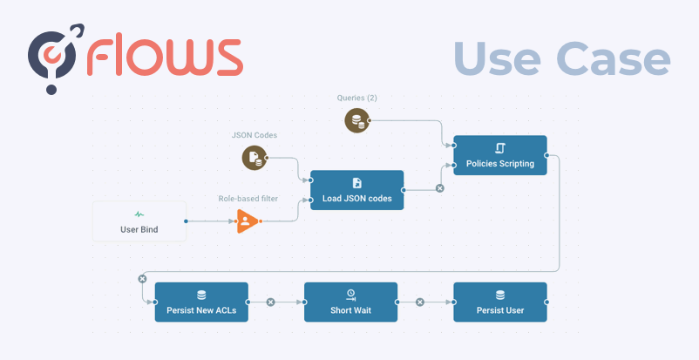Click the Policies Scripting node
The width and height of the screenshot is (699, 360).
tap(500, 155)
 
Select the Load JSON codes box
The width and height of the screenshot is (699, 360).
tap(356, 190)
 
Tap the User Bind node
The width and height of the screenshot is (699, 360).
tap(139, 221)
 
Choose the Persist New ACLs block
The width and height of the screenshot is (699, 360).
tap(201, 302)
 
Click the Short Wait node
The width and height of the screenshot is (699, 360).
tap(350, 302)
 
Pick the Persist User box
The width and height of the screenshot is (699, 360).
tap(500, 302)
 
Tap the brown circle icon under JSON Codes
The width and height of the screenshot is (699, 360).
tap(254, 157)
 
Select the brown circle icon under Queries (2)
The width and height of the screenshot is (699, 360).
tap(356, 120)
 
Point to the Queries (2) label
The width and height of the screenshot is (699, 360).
tap(357, 97)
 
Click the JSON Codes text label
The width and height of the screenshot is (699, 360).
tap(254, 134)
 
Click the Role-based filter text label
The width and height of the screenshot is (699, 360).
tap(248, 198)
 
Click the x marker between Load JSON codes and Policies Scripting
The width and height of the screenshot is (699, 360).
tap(439, 187)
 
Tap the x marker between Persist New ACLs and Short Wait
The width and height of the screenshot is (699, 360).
tap(270, 302)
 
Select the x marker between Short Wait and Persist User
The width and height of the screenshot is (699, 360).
tap(420, 302)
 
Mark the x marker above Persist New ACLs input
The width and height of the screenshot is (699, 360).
tap(142, 278)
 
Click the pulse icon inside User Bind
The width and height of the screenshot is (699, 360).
tap(139, 214)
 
